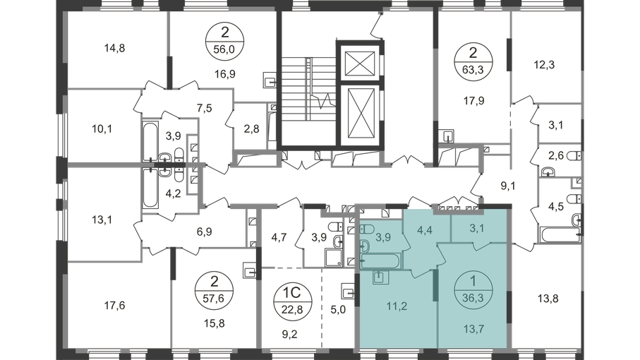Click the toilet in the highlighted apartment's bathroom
point(366,230)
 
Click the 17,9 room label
point(473,100)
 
